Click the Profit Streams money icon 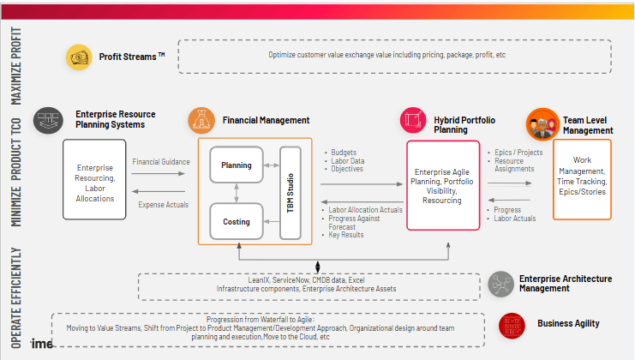(x=79, y=57)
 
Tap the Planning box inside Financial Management (x=236, y=165)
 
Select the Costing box (x=236, y=222)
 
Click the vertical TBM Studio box (x=291, y=193)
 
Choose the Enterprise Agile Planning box (x=443, y=186)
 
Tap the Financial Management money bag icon (x=201, y=120)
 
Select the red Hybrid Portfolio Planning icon (x=412, y=120)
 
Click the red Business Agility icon (x=512, y=324)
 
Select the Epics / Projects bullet (x=518, y=153)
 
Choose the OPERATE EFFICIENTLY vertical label (x=16, y=297)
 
